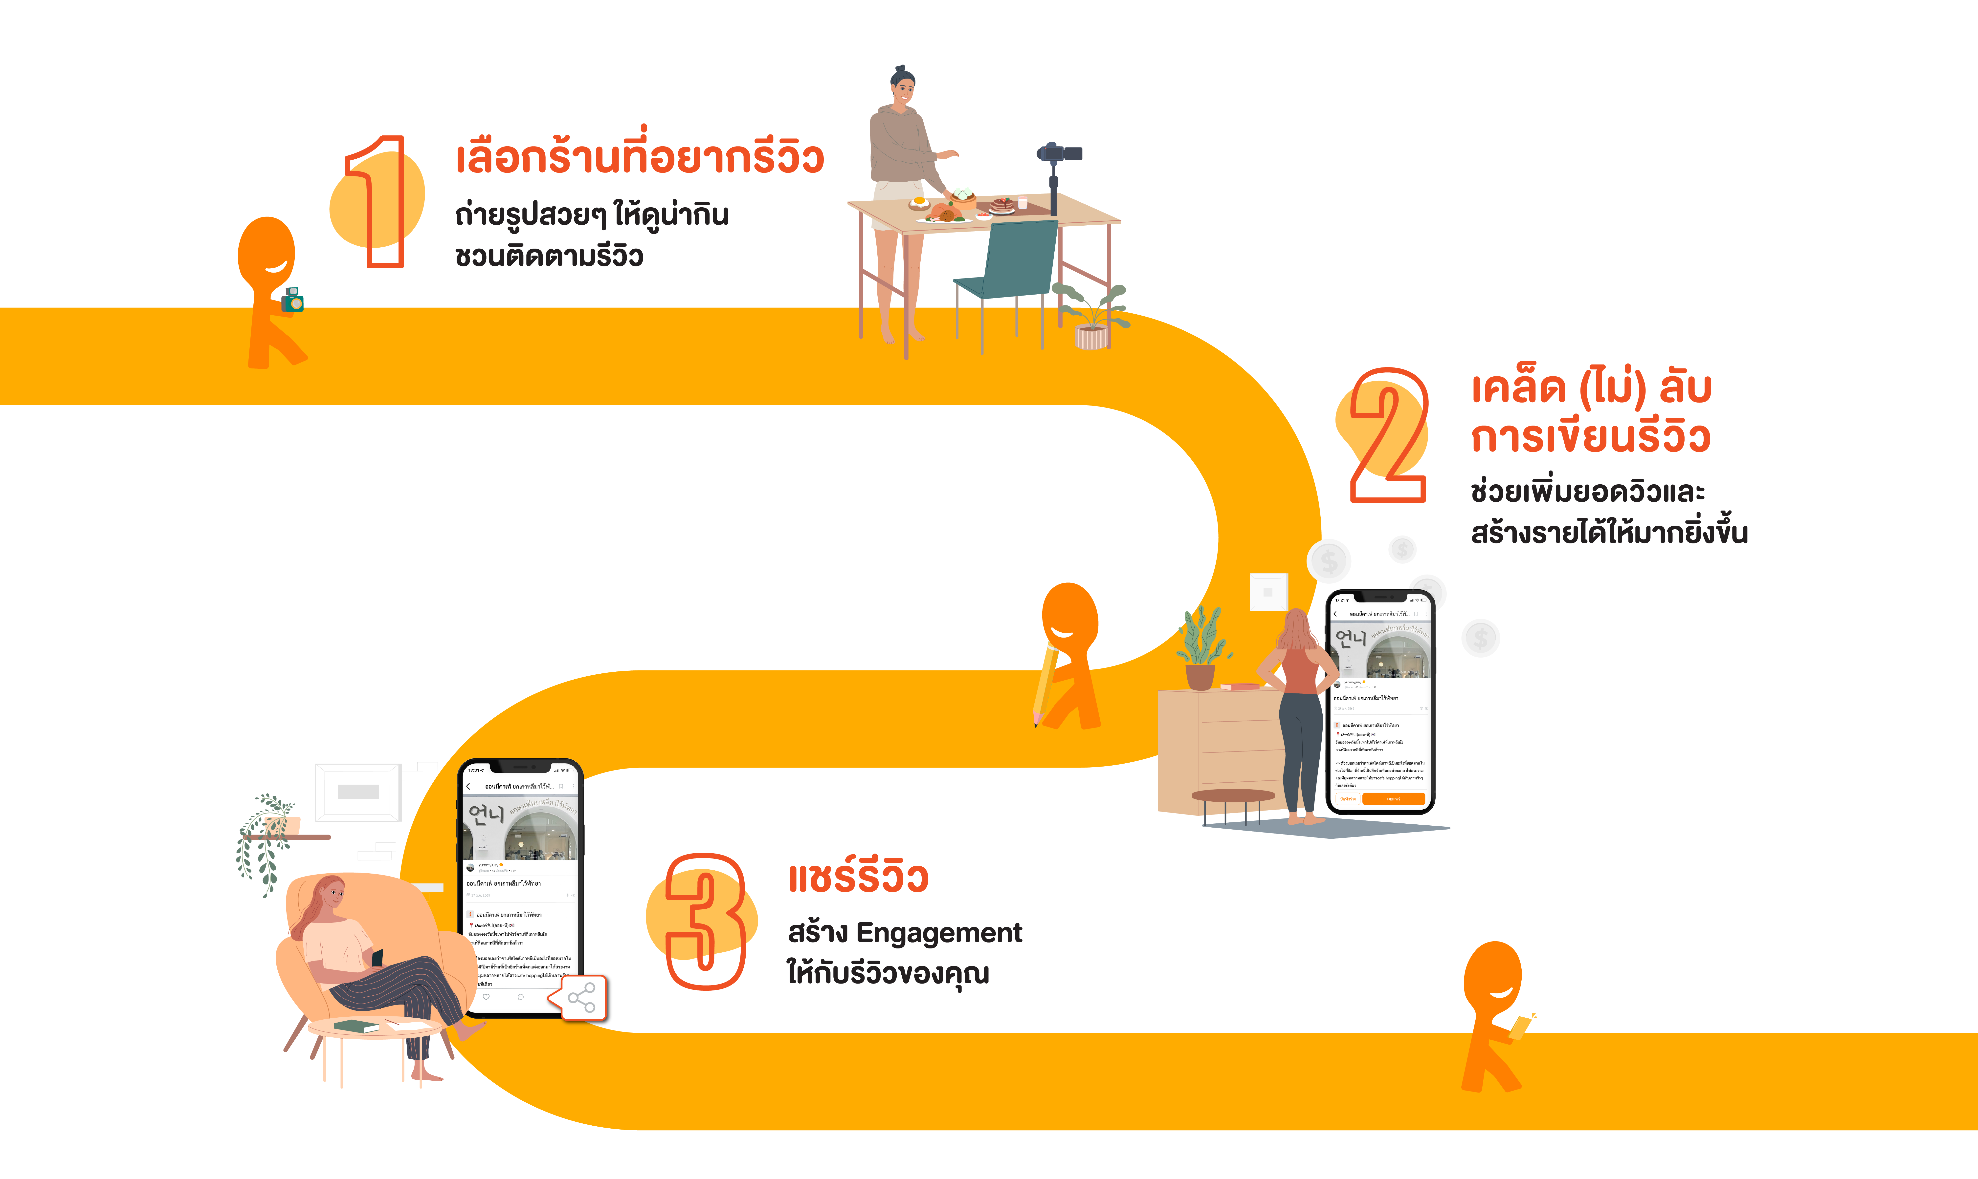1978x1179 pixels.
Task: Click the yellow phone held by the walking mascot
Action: [1519, 1027]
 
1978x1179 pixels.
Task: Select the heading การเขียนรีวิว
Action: [1589, 437]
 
